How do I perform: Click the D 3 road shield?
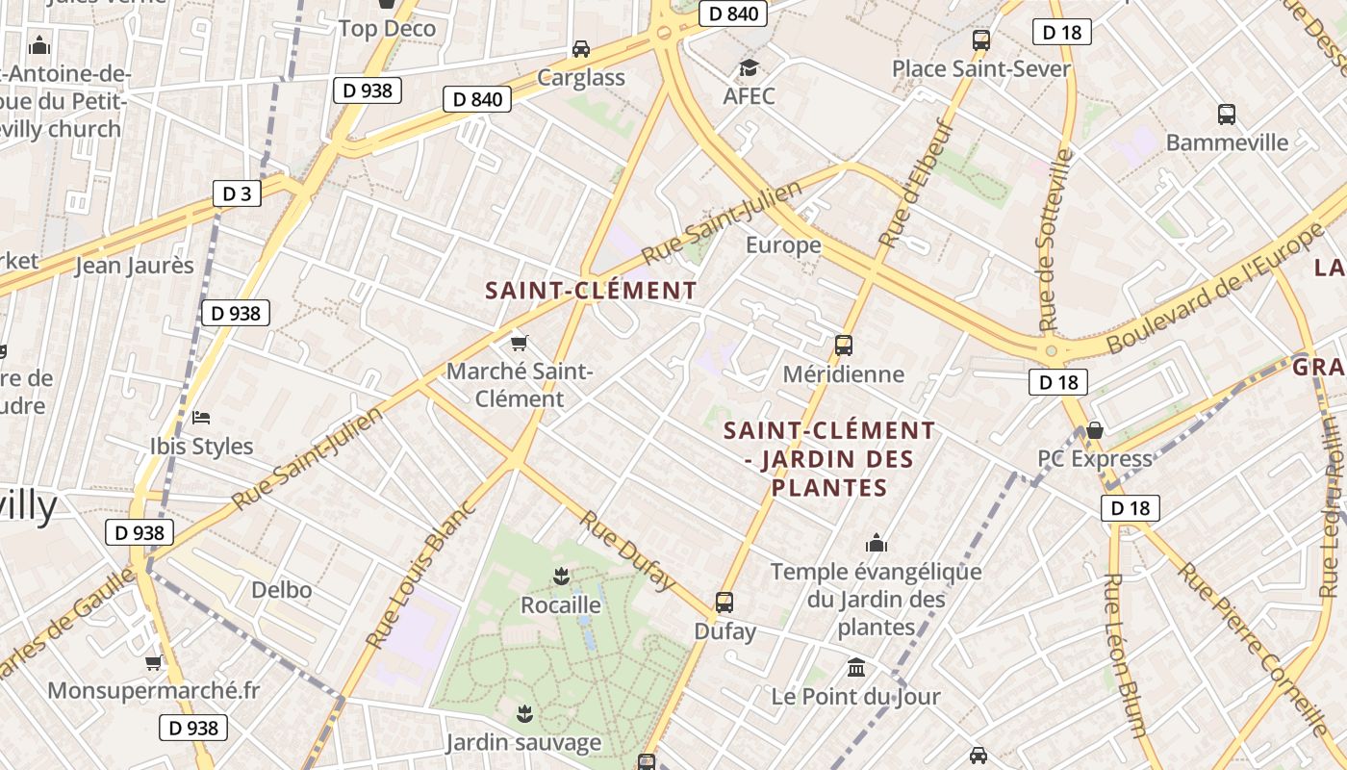tap(237, 193)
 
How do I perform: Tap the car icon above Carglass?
tap(581, 48)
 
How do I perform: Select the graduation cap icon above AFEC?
tap(749, 67)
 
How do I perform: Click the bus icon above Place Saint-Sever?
tap(981, 40)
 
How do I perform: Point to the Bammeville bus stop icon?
tap(1227, 114)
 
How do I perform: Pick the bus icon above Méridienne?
tap(844, 345)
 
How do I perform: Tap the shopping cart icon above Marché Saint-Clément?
tap(520, 342)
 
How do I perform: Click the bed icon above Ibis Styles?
tap(201, 417)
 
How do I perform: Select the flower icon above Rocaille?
tap(560, 576)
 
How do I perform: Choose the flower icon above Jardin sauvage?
tap(524, 713)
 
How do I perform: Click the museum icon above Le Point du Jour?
tap(856, 667)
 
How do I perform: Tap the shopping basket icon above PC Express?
tap(1094, 429)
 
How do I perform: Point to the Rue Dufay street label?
tap(626, 549)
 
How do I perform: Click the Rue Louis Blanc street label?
tap(420, 574)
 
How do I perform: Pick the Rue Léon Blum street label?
tap(1125, 654)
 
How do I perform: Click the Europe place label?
tap(783, 244)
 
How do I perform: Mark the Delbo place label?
tap(282, 589)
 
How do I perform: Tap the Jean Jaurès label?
tap(135, 265)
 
